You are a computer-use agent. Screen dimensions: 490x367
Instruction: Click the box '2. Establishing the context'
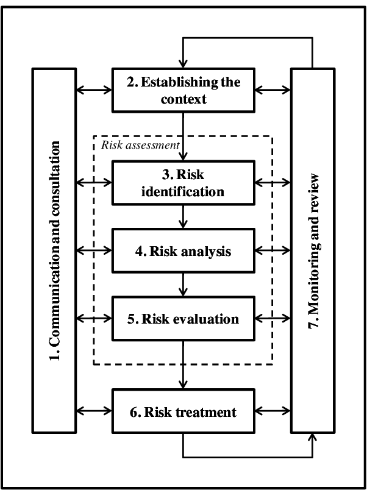[183, 90]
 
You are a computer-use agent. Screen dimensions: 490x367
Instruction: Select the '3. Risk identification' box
[183, 182]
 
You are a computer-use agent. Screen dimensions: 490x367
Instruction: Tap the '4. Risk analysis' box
[183, 250]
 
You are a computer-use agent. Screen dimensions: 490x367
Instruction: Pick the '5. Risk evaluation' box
[183, 319]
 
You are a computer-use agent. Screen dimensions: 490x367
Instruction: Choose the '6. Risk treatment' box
[183, 412]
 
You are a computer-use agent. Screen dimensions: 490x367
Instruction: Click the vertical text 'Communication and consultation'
[55, 250]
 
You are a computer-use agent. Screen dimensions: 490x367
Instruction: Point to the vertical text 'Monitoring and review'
[312, 250]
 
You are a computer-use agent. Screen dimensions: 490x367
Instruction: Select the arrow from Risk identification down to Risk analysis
[183, 216]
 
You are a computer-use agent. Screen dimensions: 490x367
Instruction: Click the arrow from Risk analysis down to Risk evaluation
[183, 284]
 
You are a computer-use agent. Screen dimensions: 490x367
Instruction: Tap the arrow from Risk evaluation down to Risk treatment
[183, 365]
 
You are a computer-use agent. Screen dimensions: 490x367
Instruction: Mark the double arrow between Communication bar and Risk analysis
[93, 250]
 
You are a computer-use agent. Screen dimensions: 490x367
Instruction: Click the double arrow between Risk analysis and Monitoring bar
[273, 250]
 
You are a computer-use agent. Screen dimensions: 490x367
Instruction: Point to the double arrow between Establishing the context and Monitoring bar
[273, 90]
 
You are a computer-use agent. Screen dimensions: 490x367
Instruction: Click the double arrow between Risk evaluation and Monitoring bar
[273, 318]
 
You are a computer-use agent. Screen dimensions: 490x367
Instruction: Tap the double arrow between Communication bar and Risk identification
[93, 182]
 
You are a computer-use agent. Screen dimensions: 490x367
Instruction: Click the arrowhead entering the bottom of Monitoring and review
[313, 437]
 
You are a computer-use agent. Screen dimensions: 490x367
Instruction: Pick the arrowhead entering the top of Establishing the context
[181, 63]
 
